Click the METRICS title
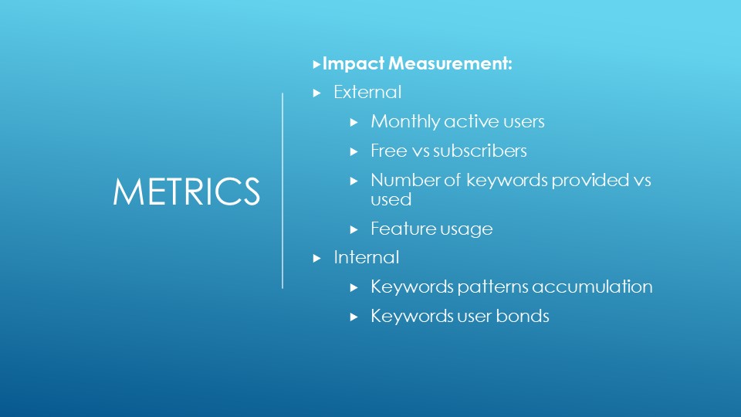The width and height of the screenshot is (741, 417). coord(186,192)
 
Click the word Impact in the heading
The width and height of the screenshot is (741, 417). coord(353,64)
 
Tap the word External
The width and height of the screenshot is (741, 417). coord(367,92)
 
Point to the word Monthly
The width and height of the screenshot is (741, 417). coord(405,121)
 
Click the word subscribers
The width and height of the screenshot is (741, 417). coord(479,151)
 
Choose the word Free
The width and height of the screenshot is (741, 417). coord(389,151)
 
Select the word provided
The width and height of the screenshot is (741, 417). coord(590,180)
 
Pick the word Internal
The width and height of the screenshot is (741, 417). coord(366,257)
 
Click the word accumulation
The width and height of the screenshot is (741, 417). coord(592,286)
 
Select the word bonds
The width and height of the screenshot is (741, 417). coord(523,316)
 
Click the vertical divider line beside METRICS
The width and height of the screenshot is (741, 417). coord(283,191)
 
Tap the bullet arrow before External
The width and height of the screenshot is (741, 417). coord(316,93)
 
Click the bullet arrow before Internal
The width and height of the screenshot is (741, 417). coord(316,259)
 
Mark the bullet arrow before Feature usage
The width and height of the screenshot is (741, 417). coord(354,230)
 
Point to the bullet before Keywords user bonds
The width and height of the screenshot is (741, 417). coord(354,317)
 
